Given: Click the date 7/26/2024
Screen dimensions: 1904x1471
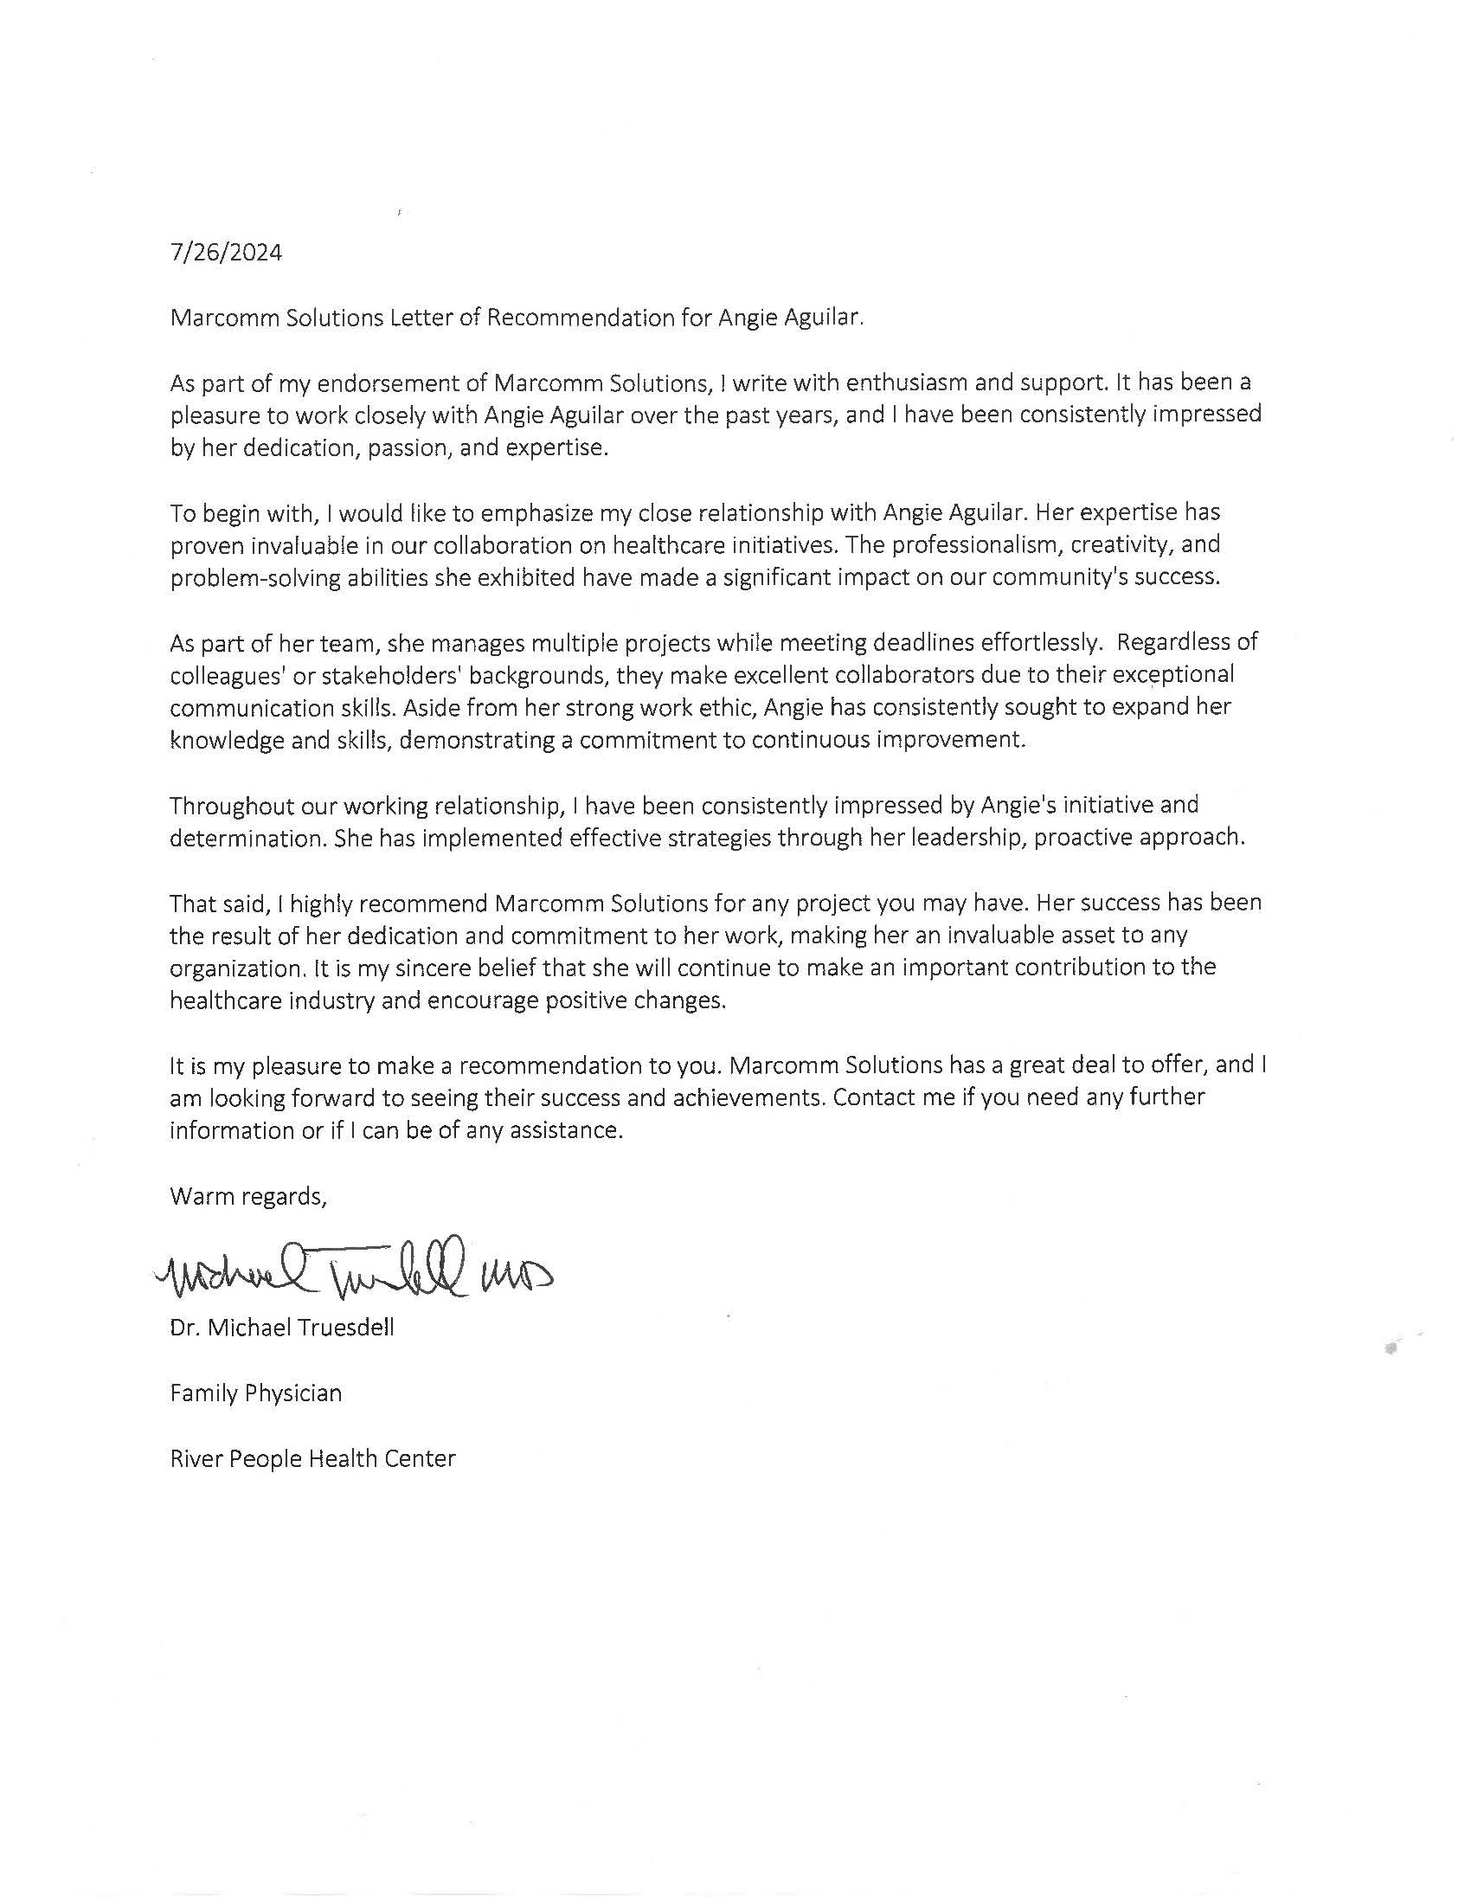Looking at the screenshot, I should point(226,253).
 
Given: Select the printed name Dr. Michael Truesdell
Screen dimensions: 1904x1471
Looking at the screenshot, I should point(281,1328).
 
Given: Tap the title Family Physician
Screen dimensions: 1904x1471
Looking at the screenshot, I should point(255,1393).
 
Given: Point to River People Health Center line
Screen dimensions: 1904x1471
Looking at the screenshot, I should point(312,1458).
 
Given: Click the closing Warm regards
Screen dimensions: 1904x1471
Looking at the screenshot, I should point(247,1196).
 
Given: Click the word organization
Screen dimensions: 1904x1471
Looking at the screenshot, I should point(233,968).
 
